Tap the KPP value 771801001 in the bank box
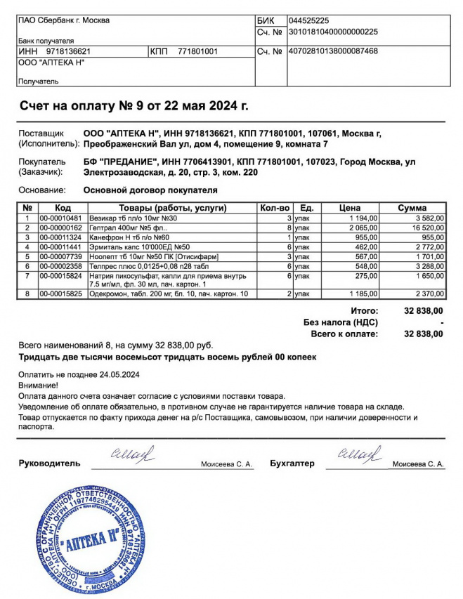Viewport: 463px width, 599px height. pyautogui.click(x=198, y=51)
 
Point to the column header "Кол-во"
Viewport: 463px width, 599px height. pyautogui.click(x=275, y=208)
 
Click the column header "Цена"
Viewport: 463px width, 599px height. pyautogui.click(x=350, y=208)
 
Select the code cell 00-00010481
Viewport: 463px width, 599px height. pyautogui.click(x=60, y=218)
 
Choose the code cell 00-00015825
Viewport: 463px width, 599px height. pyautogui.click(x=60, y=294)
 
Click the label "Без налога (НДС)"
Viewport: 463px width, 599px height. pyautogui.click(x=341, y=322)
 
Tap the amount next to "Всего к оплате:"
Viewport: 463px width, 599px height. pyautogui.click(x=424, y=334)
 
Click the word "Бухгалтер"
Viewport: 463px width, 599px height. pyautogui.click(x=292, y=463)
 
